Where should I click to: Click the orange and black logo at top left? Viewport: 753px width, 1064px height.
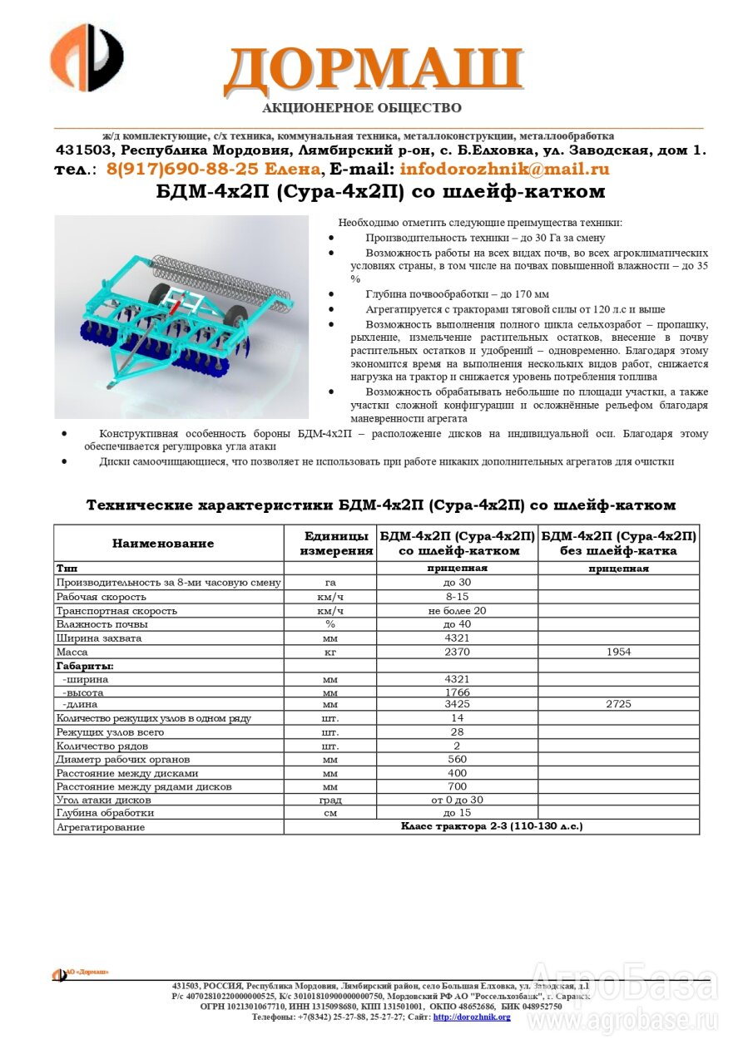point(87,57)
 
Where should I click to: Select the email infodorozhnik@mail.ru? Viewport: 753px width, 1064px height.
point(504,170)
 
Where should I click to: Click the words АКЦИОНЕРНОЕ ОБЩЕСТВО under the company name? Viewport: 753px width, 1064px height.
point(361,108)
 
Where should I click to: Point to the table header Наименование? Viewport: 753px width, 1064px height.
point(163,544)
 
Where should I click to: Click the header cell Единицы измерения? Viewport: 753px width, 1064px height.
point(336,544)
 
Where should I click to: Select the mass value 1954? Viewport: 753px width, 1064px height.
point(617,653)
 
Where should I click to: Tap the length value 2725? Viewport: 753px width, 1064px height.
point(617,704)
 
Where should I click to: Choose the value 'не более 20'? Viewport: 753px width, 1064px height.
point(457,611)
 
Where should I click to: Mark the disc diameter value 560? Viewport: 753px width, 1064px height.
point(457,760)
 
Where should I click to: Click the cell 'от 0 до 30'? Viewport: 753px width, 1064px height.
point(457,800)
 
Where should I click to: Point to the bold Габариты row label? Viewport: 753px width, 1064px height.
point(85,666)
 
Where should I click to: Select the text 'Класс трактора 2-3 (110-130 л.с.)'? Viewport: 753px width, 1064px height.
point(491,826)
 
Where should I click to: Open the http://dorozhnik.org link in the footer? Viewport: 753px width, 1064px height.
point(472,1017)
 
